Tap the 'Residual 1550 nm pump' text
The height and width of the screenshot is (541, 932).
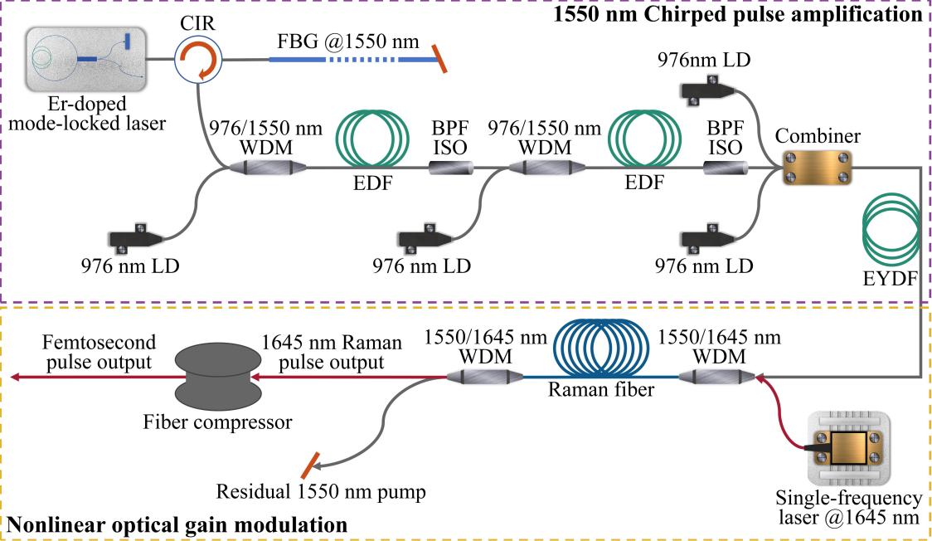pos(321,492)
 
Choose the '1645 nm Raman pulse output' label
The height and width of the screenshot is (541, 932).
pos(331,352)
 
